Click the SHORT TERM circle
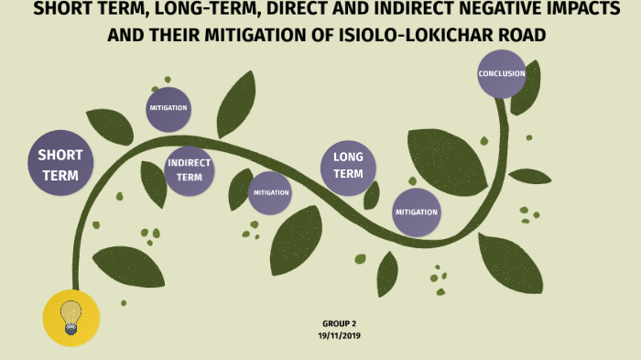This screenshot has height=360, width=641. pos(60,164)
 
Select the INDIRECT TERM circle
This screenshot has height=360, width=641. pos(190,170)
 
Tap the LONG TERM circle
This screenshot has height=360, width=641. pos(348,166)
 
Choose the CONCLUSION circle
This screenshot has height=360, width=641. pos(502,73)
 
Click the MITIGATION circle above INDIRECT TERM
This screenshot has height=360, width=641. pos(168,108)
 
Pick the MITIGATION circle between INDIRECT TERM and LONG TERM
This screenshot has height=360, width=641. pos(271,192)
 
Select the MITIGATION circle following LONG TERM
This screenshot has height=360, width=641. pos(417,212)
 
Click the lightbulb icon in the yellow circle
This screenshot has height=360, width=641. pos(71,317)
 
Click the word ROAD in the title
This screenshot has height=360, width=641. pos(520,36)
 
